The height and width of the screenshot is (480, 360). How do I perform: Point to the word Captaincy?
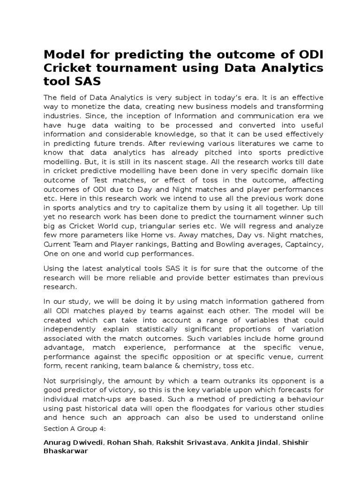pos(303,244)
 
